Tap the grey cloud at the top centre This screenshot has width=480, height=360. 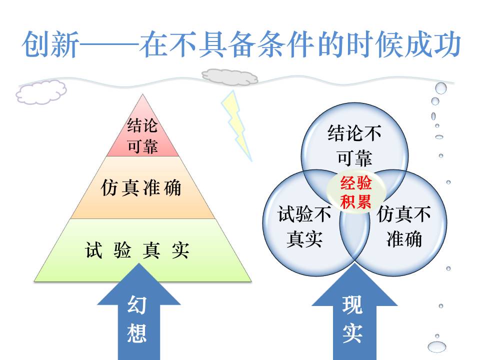(229, 76)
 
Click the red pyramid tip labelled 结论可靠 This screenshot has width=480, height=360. (143, 135)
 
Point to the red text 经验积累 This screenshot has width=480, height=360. (356, 193)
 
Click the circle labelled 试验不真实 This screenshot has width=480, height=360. (300, 227)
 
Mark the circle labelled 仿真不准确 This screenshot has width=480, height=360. (407, 227)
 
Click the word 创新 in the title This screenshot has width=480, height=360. (50, 45)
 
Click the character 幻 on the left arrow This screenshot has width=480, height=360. (136, 304)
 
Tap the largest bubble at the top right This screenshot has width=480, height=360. (440, 88)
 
